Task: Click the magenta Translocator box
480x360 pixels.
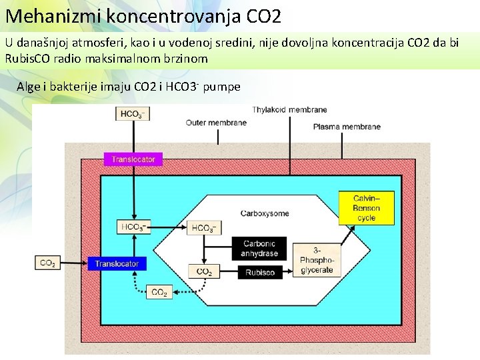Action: click(133, 159)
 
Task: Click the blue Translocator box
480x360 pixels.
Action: click(116, 263)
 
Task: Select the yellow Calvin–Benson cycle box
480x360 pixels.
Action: click(367, 208)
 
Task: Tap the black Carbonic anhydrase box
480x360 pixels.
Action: click(259, 248)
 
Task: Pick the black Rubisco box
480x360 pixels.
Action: click(259, 272)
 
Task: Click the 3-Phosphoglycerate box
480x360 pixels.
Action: click(316, 258)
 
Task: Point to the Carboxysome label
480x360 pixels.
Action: click(265, 213)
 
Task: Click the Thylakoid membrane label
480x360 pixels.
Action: click(289, 109)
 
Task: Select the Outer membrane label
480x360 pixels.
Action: click(216, 123)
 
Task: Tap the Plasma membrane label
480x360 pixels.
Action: click(347, 127)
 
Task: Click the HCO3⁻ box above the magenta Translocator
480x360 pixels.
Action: click(132, 115)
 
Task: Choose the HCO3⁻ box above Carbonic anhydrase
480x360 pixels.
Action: click(204, 228)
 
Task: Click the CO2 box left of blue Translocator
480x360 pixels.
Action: click(47, 263)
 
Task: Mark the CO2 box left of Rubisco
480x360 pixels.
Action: click(204, 271)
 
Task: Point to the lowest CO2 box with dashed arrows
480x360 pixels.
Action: click(159, 292)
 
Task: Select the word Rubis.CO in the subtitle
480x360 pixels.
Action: click(26, 59)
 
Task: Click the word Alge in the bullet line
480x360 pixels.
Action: click(29, 87)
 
